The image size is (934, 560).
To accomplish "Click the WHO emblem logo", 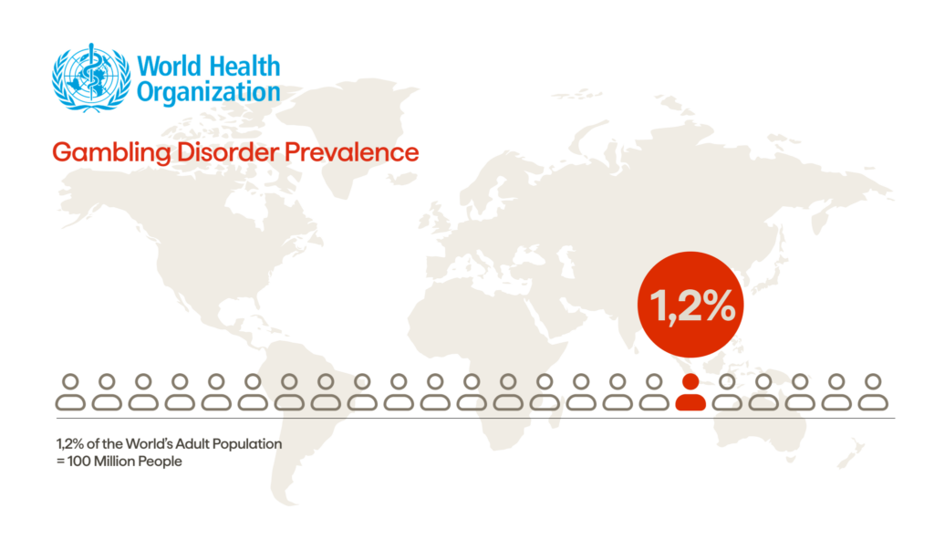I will click(90, 78).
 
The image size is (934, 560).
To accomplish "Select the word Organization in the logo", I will click(208, 93).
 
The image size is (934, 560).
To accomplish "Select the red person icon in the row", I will click(690, 392).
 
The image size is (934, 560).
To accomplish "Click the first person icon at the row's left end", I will click(70, 392).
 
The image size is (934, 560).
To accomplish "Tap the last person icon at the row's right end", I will click(873, 392).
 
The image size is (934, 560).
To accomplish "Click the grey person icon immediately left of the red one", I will click(654, 392).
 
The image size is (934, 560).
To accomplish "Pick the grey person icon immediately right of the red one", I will click(727, 392).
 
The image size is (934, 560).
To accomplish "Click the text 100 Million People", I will click(124, 461).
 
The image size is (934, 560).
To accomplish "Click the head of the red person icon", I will click(690, 381).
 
